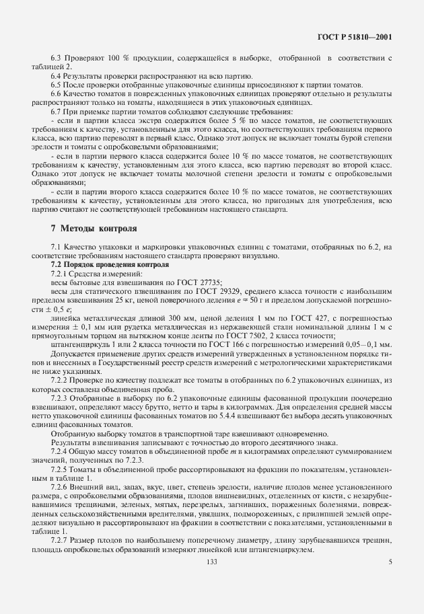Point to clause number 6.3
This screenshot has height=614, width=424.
57,59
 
